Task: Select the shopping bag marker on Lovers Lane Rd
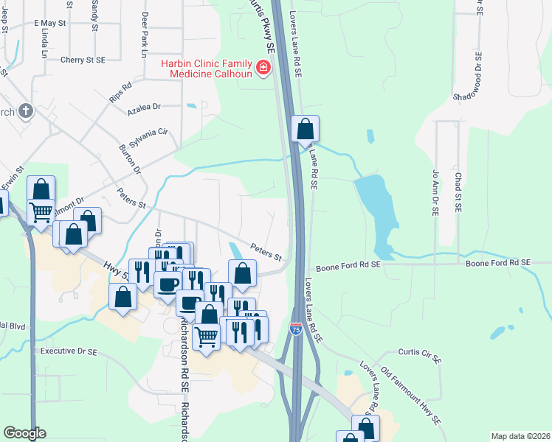coord(305,130)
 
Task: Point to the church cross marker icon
coord(26,111)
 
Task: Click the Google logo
coord(24,433)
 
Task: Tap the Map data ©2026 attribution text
coord(520,436)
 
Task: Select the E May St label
coord(50,24)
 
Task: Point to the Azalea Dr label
coord(143,107)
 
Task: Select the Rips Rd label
coord(120,92)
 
